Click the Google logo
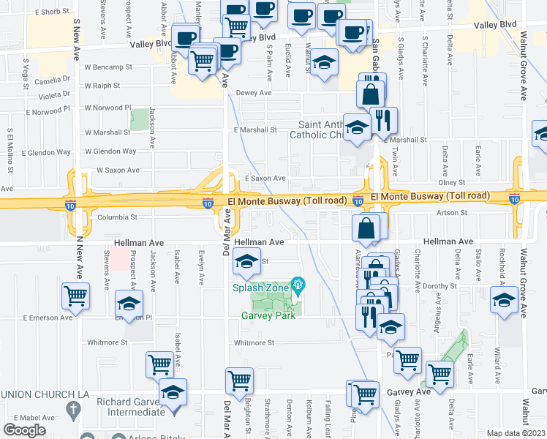tap(24, 430)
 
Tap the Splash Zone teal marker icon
tap(298, 284)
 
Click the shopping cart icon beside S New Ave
tap(75, 296)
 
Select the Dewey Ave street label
tap(253, 93)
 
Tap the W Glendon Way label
tap(110, 151)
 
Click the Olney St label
tap(451, 182)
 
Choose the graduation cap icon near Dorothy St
tap(504, 299)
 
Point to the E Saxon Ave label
tap(264, 178)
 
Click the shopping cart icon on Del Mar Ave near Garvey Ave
tap(239, 380)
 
